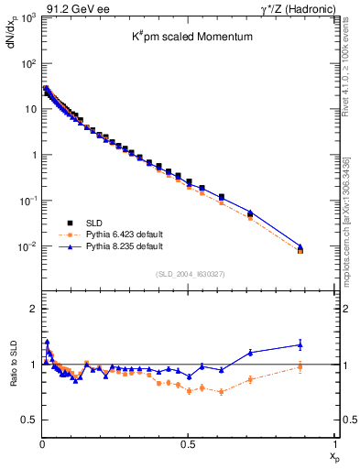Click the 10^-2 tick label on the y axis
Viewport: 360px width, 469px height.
click(28, 246)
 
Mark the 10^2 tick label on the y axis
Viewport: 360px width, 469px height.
click(28, 64)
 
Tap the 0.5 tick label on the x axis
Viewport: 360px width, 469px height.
click(188, 443)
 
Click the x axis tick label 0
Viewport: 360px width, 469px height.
click(42, 443)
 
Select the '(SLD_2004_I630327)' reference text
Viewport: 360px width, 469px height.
click(189, 273)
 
